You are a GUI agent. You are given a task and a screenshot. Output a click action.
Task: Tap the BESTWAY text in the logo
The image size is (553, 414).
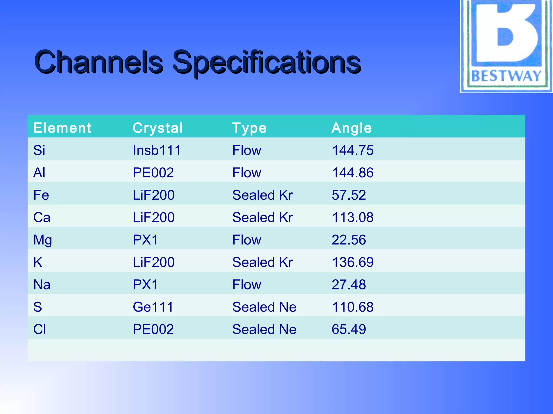tap(506, 76)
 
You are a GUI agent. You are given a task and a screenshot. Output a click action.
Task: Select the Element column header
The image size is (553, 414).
tap(62, 128)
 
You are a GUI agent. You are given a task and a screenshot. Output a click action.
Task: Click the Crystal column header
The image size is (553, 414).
tap(158, 128)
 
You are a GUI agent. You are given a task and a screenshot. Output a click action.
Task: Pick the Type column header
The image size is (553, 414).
tap(249, 128)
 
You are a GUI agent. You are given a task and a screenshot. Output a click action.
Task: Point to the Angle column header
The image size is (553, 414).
tap(352, 128)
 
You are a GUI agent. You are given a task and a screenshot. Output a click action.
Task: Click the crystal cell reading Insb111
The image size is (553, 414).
tap(157, 150)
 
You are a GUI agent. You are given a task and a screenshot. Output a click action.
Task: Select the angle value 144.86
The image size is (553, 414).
tap(353, 172)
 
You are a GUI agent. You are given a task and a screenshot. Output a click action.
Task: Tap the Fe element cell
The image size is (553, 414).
tap(41, 195)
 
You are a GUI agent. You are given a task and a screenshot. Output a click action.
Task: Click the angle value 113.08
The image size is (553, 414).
tap(353, 217)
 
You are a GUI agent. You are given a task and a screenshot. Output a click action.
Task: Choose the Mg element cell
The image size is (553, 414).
tap(42, 240)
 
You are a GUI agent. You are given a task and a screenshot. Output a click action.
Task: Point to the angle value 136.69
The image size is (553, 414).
tap(353, 262)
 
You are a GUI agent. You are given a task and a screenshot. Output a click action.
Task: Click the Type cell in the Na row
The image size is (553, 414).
tap(247, 285)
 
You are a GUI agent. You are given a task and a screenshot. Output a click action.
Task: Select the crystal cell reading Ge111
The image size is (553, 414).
tap(153, 307)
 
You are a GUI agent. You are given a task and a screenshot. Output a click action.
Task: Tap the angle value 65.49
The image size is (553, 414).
tap(349, 329)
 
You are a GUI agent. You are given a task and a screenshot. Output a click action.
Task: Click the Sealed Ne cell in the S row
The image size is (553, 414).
tap(264, 307)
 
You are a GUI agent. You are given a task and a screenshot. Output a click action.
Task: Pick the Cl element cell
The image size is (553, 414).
tap(39, 329)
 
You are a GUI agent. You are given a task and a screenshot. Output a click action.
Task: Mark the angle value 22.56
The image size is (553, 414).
tap(349, 240)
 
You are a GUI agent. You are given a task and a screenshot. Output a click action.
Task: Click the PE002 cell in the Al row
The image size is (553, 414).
tap(153, 172)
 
